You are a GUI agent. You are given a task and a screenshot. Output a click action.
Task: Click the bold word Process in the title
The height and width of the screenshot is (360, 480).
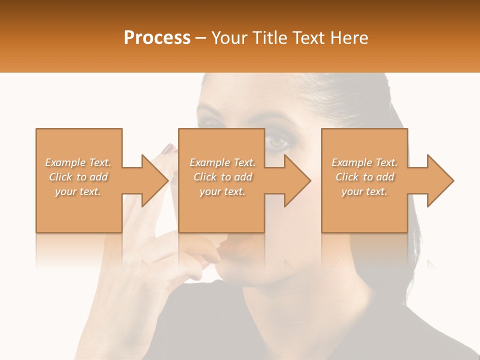pyautogui.click(x=157, y=37)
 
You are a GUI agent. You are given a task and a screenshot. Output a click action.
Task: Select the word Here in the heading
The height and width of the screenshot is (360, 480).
pyautogui.click(x=349, y=37)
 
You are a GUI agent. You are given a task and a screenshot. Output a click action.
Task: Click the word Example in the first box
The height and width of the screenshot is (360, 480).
pyautogui.click(x=64, y=162)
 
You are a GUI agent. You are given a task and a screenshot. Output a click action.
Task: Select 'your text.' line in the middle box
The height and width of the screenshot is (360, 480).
pyautogui.click(x=222, y=191)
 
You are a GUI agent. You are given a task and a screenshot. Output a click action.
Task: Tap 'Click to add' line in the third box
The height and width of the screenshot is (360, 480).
pyautogui.click(x=365, y=177)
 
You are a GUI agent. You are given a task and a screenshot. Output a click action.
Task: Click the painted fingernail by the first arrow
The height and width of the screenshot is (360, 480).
pyautogui.click(x=168, y=148)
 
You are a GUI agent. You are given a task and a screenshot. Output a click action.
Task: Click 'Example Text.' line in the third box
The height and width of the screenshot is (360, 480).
pyautogui.click(x=364, y=162)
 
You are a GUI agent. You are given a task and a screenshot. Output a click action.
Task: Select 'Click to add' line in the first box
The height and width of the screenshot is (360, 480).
pyautogui.click(x=78, y=177)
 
